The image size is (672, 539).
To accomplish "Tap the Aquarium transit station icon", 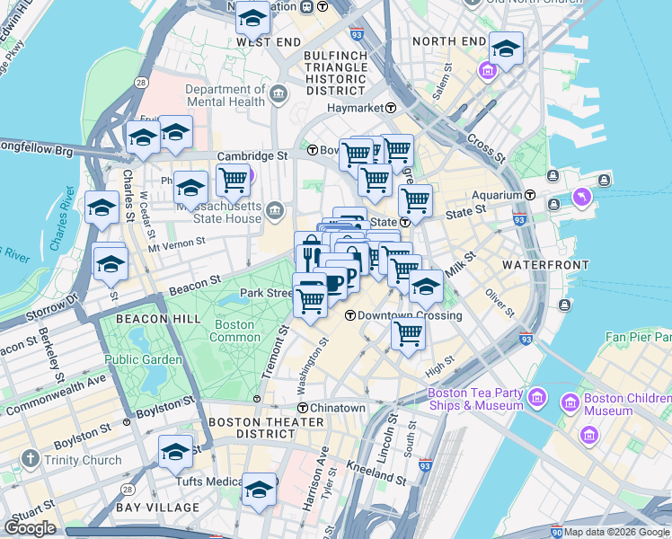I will [531, 195].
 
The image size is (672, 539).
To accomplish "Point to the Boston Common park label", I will [234, 331].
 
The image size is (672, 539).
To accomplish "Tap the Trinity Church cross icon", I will [30, 460].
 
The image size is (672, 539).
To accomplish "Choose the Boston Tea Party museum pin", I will [536, 397].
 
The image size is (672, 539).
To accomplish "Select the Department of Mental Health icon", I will [279, 93].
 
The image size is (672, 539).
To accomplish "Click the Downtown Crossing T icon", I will [349, 315].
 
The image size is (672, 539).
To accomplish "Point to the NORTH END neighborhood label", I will [448, 41].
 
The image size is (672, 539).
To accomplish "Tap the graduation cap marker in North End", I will [505, 49].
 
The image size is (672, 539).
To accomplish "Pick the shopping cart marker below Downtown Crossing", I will [408, 333].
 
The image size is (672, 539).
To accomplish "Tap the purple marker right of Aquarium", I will [581, 196].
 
